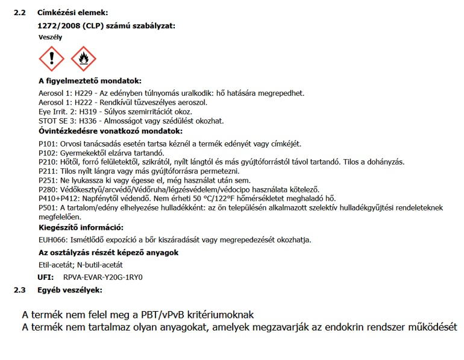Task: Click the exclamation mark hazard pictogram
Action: coord(52,59)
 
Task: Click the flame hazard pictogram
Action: coord(83,59)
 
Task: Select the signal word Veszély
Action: coord(50,37)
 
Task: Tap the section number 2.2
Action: coord(20,13)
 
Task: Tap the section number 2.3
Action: coord(20,290)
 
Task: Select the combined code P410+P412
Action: coord(57,198)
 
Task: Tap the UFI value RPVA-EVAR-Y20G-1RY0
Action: coord(107,277)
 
